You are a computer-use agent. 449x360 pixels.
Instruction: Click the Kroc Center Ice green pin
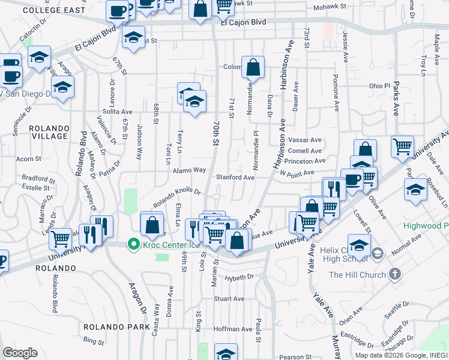click(133, 245)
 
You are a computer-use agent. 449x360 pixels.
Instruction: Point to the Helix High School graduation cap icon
click(359, 246)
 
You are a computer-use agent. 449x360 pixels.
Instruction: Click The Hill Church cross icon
click(394, 274)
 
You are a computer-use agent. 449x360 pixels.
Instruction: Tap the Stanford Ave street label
click(235, 178)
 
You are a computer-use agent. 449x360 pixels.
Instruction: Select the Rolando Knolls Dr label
click(176, 197)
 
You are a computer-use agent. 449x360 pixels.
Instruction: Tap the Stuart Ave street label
click(229, 299)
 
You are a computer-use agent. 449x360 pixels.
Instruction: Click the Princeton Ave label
click(306, 161)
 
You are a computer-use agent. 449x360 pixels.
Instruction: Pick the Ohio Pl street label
click(379, 86)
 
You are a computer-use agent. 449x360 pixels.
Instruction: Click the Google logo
click(20, 353)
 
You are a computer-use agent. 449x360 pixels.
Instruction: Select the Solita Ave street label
click(117, 112)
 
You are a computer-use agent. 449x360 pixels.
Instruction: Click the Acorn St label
click(28, 159)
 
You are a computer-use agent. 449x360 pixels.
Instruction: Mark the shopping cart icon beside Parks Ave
click(402, 146)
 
